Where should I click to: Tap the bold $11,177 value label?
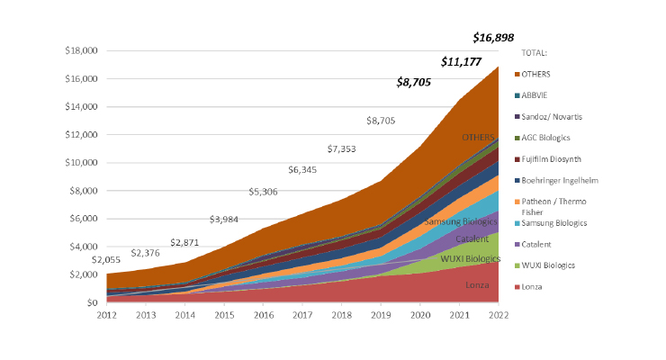click(x=460, y=61)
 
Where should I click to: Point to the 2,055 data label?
click(x=106, y=260)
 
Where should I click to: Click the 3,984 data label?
click(x=225, y=220)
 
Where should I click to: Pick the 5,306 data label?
click(x=264, y=191)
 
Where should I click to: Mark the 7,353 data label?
click(x=342, y=146)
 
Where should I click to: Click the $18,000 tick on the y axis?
click(x=81, y=50)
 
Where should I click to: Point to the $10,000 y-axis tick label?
click(x=81, y=163)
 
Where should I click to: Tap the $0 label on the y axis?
click(x=92, y=303)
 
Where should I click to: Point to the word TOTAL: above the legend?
click(x=535, y=53)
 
